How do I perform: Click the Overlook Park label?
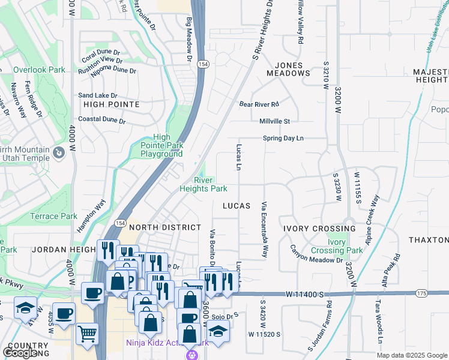click(x=39, y=70)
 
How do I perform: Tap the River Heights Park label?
click(x=203, y=184)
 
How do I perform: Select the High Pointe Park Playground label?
click(x=161, y=145)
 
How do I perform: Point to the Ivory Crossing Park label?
click(x=337, y=246)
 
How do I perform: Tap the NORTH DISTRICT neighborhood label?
click(x=165, y=227)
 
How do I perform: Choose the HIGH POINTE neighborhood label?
click(x=112, y=104)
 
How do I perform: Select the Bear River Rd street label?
click(x=259, y=104)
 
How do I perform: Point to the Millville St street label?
click(x=274, y=121)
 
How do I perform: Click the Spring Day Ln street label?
click(x=283, y=139)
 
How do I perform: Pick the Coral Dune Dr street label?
click(x=102, y=52)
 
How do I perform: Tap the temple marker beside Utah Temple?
click(x=59, y=153)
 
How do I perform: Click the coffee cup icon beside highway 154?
click(x=92, y=293)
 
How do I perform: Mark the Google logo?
click(x=21, y=353)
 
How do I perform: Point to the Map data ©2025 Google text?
click(x=412, y=355)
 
